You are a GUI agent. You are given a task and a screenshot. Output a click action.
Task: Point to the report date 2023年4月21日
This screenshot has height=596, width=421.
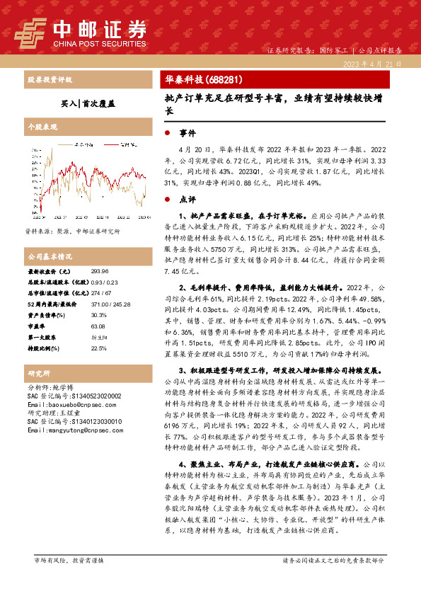[374, 64]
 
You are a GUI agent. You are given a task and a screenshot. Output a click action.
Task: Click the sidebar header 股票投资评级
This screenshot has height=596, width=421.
[50, 80]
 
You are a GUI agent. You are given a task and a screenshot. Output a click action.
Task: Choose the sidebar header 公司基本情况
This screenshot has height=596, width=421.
[50, 256]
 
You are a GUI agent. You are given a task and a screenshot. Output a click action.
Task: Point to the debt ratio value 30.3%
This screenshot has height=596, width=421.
[98, 315]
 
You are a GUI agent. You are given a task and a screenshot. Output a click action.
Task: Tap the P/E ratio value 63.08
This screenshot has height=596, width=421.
[98, 326]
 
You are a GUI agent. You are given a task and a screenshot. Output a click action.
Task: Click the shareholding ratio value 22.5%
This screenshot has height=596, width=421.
[98, 348]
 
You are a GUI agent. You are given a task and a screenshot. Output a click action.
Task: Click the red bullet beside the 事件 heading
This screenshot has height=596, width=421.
[166, 133]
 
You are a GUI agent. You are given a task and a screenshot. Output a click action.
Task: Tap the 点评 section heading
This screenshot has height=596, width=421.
[187, 199]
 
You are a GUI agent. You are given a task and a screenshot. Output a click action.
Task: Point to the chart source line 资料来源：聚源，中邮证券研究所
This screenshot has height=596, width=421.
[72, 231]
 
